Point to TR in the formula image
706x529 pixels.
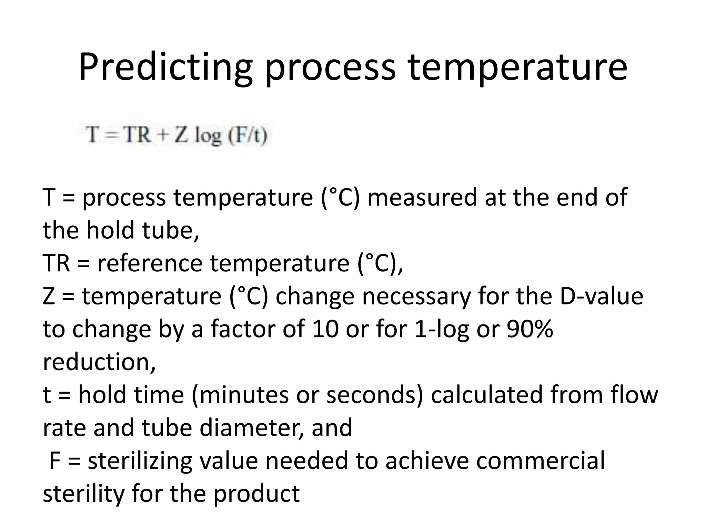(x=137, y=134)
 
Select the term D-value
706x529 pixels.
(x=601, y=296)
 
